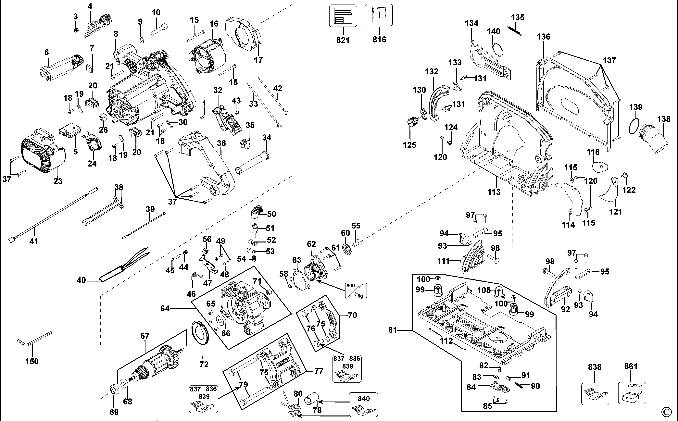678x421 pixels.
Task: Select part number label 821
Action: pyautogui.click(x=343, y=40)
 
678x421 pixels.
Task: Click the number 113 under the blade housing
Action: pyautogui.click(x=494, y=192)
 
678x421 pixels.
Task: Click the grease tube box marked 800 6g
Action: pyautogui.click(x=356, y=290)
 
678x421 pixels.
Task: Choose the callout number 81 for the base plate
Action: pyautogui.click(x=392, y=330)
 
